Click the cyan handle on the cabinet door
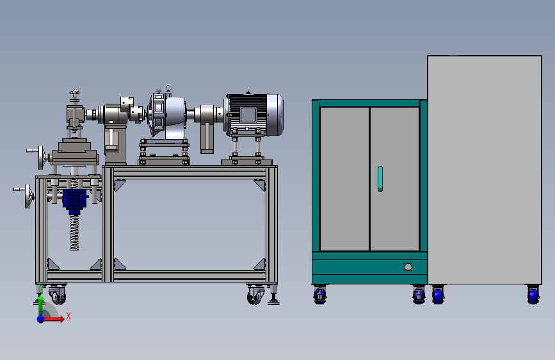coord(380,179)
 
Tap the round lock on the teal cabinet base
coord(408,267)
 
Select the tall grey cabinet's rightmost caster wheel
coord(533,295)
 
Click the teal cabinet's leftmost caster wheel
coord(319,295)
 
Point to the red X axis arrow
coord(53,319)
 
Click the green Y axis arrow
coord(41,305)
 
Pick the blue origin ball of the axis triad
coord(41,319)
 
